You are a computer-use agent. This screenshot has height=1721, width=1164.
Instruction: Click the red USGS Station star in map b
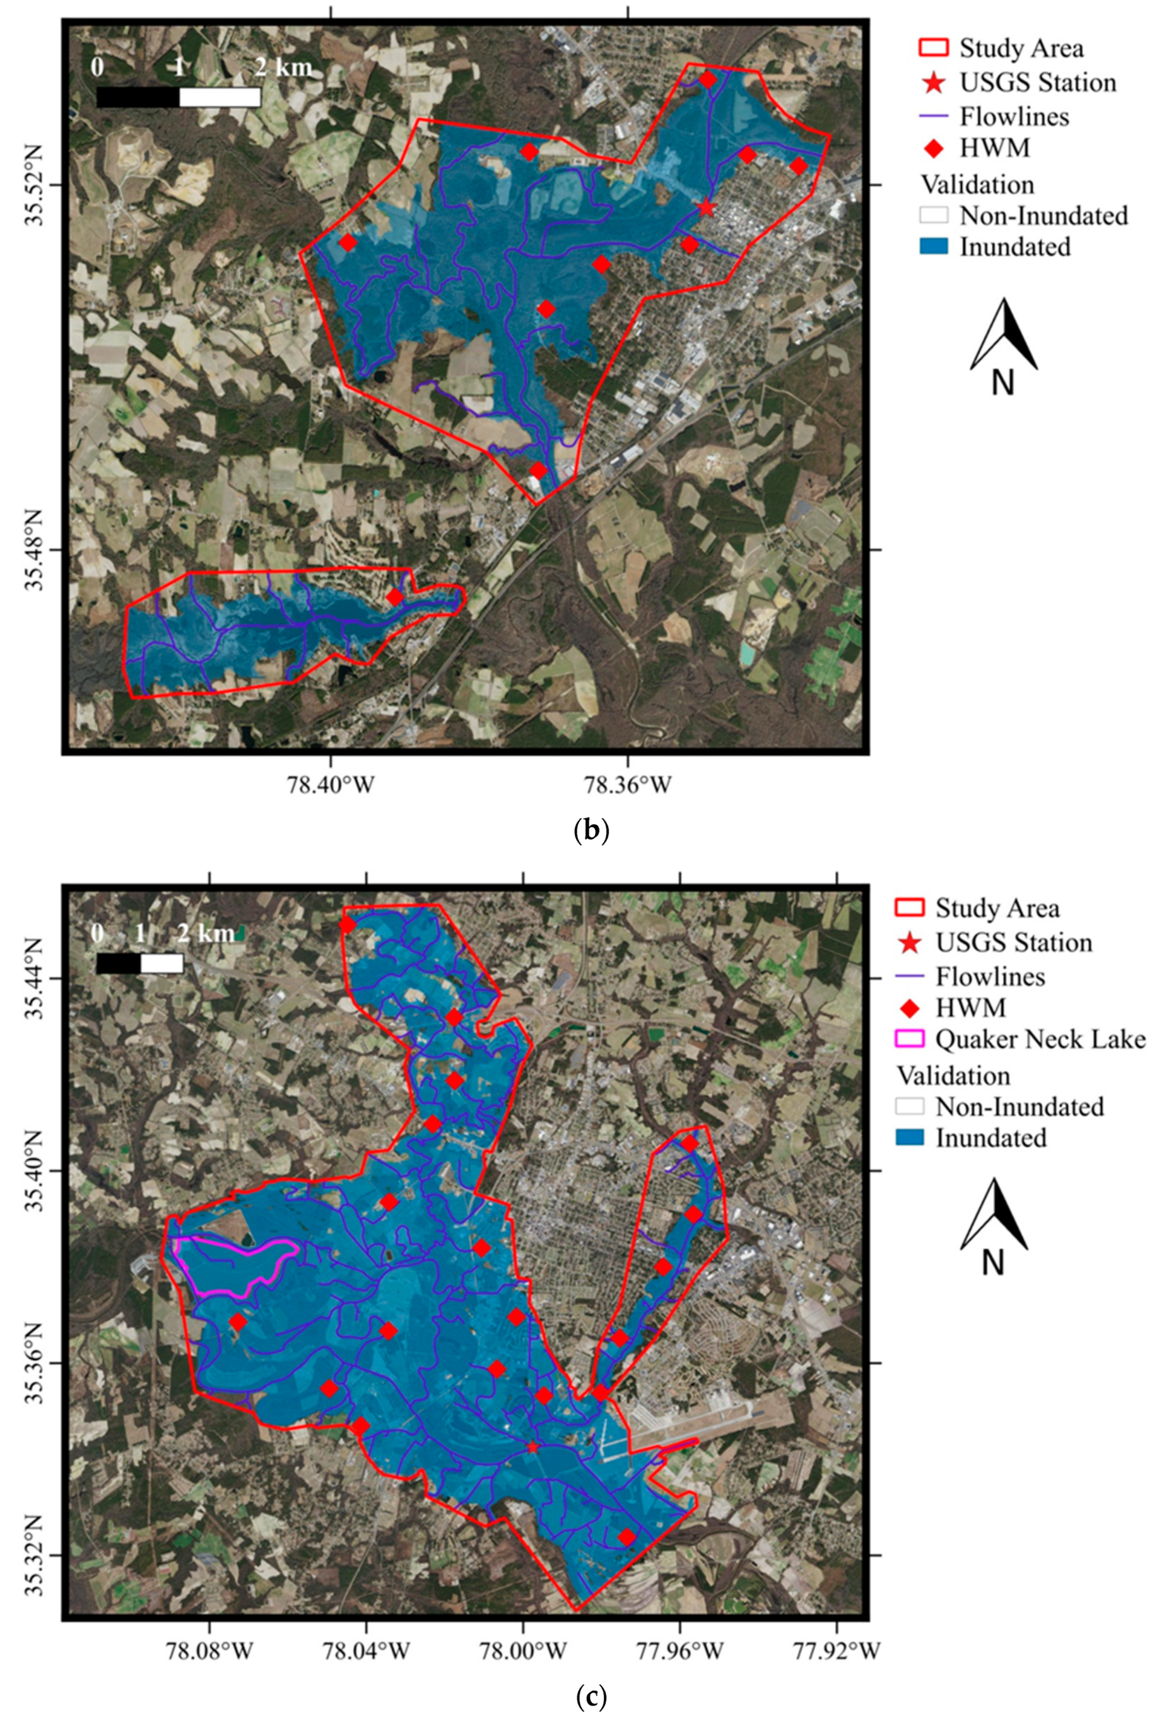click(x=706, y=208)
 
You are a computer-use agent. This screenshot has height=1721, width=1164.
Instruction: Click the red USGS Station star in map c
click(x=532, y=1447)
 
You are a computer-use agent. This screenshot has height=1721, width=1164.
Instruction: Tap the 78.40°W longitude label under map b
click(x=331, y=784)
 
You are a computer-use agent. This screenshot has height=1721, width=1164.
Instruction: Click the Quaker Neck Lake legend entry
click(x=1040, y=1039)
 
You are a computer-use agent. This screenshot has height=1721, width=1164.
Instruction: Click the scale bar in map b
click(x=179, y=97)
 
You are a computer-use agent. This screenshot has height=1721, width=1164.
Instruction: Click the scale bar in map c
click(x=140, y=963)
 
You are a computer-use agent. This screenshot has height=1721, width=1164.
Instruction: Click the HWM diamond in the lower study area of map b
click(x=395, y=597)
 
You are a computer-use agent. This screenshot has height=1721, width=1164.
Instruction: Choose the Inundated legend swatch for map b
click(x=933, y=247)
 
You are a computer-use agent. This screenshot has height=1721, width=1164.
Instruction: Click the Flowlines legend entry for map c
click(x=989, y=976)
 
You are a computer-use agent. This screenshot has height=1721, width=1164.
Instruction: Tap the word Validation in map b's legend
click(x=977, y=184)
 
